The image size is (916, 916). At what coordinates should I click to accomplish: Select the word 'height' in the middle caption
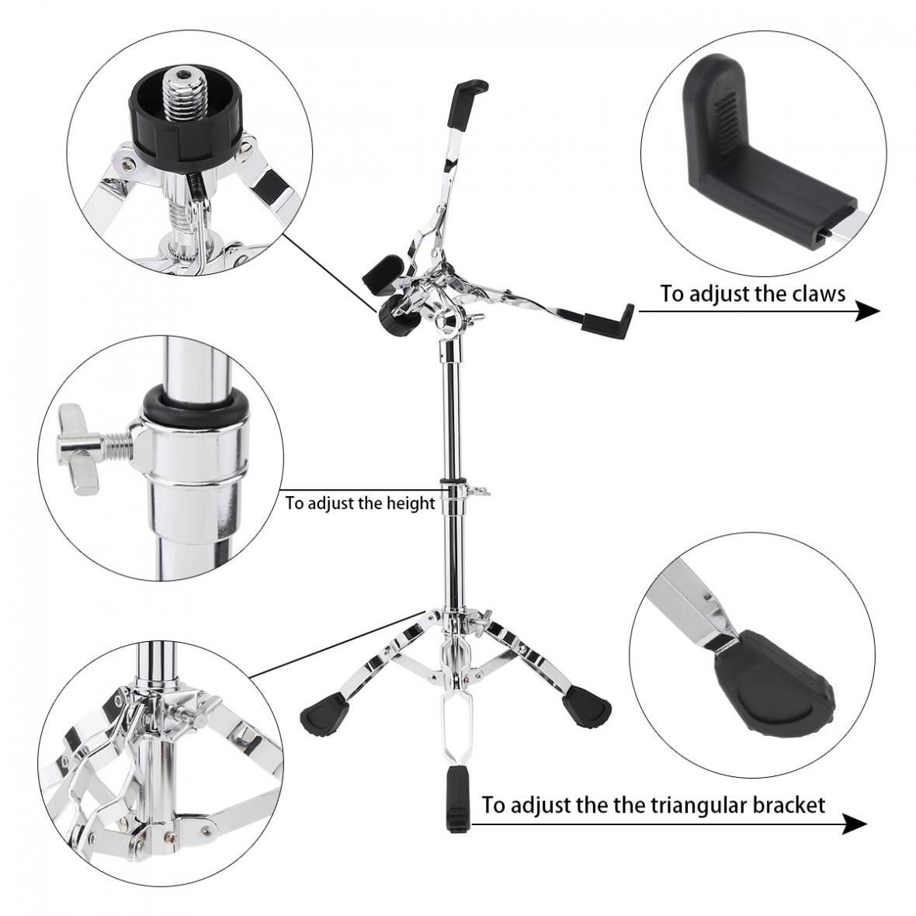coord(408,503)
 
